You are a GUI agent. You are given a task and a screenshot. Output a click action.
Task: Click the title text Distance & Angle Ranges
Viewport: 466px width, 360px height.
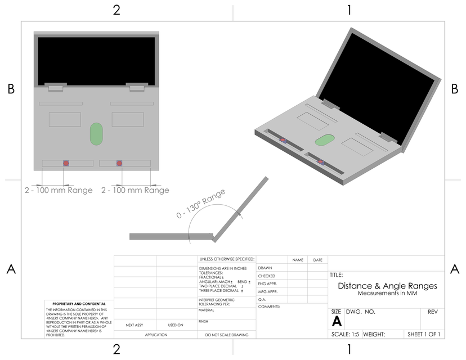(387, 286)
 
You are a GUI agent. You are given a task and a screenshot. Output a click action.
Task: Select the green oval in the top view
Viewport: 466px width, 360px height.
(97, 134)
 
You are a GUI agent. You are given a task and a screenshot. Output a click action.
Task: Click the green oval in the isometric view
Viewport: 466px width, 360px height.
(323, 141)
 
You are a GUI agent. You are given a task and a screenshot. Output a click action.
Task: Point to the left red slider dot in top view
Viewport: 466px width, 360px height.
(66, 163)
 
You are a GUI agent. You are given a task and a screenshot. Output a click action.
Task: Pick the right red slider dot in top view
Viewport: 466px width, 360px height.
(119, 163)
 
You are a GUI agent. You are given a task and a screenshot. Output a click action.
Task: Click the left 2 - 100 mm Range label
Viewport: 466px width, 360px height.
(59, 190)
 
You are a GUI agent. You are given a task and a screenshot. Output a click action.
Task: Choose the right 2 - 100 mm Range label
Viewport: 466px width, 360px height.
(135, 190)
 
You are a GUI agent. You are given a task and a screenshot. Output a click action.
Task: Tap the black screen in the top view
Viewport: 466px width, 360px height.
(96, 61)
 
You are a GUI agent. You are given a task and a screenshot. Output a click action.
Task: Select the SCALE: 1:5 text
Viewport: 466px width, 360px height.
(344, 334)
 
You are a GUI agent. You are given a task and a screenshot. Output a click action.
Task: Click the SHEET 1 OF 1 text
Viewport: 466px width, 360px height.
(424, 334)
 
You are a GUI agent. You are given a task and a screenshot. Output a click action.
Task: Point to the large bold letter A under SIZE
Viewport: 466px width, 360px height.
(337, 321)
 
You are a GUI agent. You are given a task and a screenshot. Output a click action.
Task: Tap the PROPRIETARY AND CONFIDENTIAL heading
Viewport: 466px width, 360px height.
(79, 303)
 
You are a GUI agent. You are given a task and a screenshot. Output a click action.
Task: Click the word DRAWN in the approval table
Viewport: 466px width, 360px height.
(265, 268)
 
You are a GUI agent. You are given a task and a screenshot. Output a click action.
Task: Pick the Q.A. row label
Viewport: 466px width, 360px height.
(262, 299)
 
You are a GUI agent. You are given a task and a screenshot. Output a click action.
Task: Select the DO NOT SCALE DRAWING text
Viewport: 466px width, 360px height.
(227, 335)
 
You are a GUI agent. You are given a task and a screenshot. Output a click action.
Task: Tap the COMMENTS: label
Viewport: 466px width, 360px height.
(269, 307)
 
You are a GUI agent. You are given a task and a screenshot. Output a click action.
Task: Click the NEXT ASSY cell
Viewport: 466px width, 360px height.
(135, 325)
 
